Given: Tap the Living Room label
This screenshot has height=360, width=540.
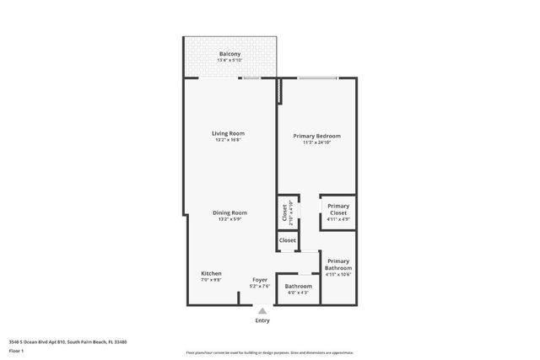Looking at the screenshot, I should coord(228,133).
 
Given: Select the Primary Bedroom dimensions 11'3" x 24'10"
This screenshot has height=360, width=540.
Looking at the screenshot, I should coord(316,142).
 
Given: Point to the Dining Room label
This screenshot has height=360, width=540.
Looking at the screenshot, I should coord(229,212).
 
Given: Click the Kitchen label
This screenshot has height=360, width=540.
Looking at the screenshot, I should coord(211,273).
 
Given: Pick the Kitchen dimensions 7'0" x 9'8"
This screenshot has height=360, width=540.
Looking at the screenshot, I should coord(211,280).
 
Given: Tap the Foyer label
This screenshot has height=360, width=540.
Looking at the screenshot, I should coord(261,279).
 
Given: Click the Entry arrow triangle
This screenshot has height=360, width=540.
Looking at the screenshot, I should coord(262,311).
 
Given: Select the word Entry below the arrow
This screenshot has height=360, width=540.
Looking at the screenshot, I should coord(262,320).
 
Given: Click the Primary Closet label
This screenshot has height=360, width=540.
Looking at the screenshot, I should coord(337,209).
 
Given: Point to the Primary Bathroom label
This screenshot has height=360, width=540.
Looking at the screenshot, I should coord(337,264).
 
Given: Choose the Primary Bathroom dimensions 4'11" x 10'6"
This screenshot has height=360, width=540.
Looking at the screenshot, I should coord(337,274).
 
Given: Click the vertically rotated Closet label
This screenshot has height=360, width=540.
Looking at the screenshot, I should coord(284,213).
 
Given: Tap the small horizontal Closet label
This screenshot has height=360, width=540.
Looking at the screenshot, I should coord(288,240).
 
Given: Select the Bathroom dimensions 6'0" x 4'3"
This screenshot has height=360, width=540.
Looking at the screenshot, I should coord(298,293).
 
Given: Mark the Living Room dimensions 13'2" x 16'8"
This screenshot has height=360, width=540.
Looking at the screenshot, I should coord(228,140).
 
